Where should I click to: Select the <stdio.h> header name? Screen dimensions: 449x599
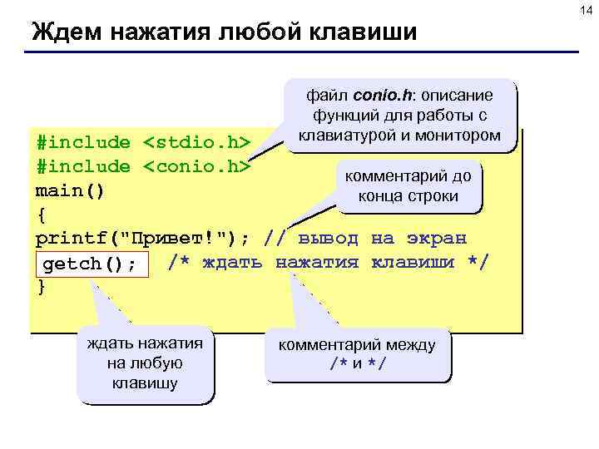coord(197,142)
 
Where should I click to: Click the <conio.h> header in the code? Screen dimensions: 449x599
coord(197,166)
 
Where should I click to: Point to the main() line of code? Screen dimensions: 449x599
coord(71,190)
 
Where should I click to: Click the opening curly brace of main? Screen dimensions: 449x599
coord(42,215)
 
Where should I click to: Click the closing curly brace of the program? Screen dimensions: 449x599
coord(42,287)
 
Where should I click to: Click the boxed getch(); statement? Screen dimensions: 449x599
coord(90,264)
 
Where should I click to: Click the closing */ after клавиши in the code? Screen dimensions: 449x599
coord(478,263)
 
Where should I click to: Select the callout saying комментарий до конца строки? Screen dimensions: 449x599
coord(408,187)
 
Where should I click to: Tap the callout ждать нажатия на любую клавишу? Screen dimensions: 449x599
coord(145,364)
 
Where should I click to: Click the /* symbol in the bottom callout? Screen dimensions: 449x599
coord(339,364)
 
